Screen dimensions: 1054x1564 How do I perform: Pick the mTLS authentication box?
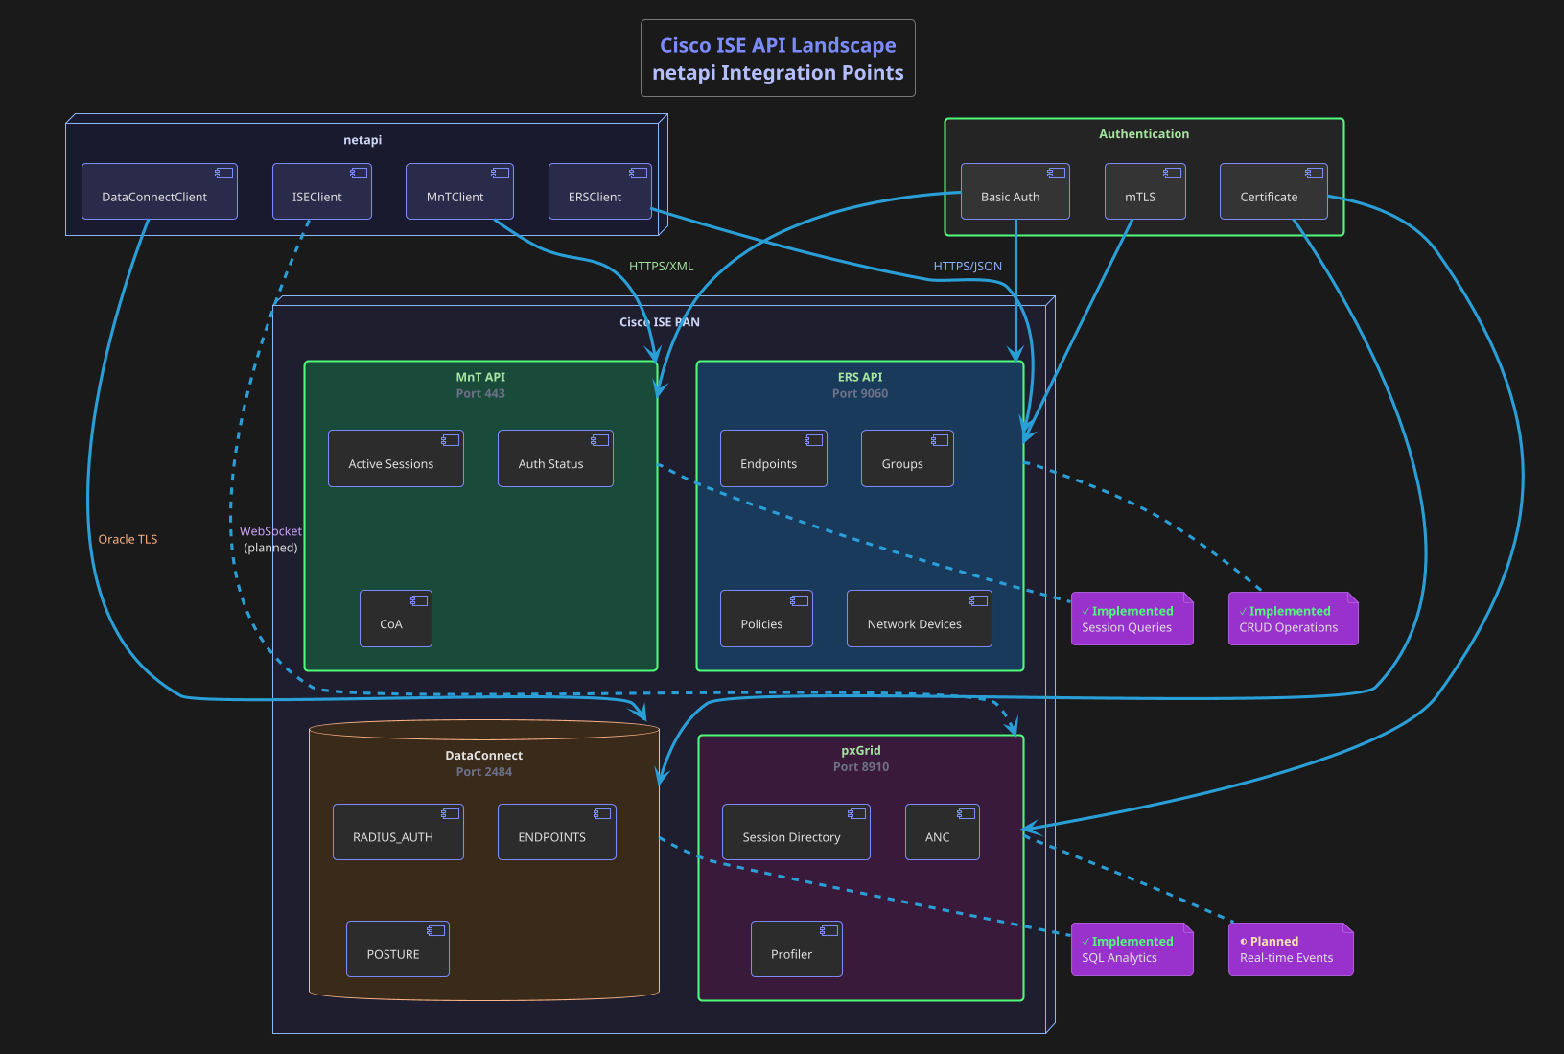click(1144, 192)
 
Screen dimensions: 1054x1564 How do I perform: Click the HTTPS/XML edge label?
click(661, 267)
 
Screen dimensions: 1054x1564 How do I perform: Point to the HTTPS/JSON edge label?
click(968, 267)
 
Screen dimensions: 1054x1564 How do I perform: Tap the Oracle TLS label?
click(128, 540)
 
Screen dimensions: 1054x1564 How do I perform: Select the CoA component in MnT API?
click(395, 619)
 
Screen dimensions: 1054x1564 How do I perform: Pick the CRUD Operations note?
click(1292, 619)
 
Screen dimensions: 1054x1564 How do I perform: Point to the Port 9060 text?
click(860, 394)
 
